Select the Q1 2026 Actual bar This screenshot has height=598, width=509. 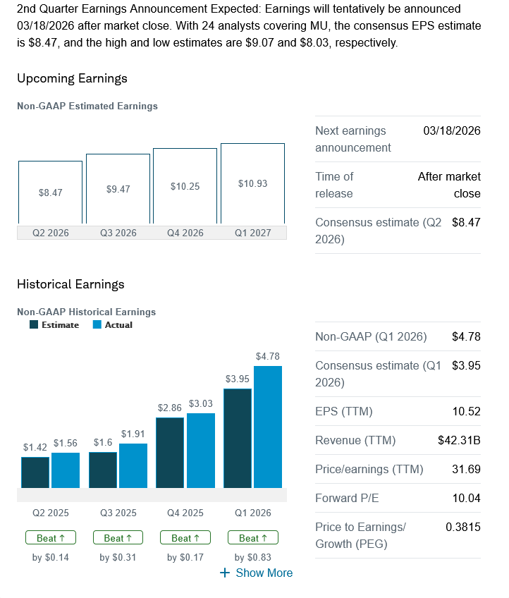[268, 427]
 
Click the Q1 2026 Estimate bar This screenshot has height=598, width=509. [237, 438]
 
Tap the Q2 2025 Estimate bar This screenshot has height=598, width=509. [35, 472]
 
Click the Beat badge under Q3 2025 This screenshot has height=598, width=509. [118, 538]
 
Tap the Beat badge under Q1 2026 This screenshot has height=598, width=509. [252, 538]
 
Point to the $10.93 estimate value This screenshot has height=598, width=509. [252, 183]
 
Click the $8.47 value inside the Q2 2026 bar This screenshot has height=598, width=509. [50, 192]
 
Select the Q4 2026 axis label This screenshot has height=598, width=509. [185, 233]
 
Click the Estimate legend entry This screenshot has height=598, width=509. [54, 325]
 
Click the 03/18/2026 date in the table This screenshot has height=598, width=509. [452, 130]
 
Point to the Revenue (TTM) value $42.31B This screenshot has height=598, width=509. [459, 440]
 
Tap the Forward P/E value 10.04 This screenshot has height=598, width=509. [465, 498]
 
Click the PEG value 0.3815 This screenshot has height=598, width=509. [462, 527]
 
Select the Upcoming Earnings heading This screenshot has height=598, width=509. [72, 78]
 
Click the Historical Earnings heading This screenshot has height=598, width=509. [70, 284]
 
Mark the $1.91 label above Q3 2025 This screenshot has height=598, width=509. [133, 434]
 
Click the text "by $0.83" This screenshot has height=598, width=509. [252, 558]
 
